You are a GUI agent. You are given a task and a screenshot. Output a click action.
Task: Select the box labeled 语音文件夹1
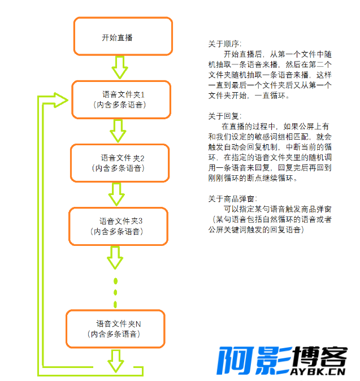point(120,99)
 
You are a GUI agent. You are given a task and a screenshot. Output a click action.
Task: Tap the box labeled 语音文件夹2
point(119,163)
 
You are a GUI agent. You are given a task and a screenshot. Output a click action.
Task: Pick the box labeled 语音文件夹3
point(118,226)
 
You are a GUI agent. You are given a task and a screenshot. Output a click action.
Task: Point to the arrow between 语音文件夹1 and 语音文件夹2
point(118,131)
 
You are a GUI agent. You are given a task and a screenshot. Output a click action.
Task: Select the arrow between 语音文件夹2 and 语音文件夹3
point(117,194)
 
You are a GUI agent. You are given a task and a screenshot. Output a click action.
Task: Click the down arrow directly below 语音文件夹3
point(115,258)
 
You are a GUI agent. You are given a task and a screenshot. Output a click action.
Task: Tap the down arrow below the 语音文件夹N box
point(116,360)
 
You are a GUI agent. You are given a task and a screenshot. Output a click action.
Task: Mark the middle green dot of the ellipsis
point(116,292)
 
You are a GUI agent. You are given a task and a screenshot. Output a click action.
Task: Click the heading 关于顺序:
point(224,44)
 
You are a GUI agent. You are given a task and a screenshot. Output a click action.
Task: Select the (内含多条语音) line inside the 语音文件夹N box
point(115,335)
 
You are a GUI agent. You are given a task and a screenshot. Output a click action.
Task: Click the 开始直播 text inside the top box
point(117,37)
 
